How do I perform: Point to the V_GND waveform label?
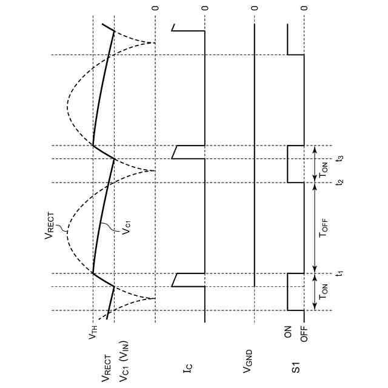(249, 363)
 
